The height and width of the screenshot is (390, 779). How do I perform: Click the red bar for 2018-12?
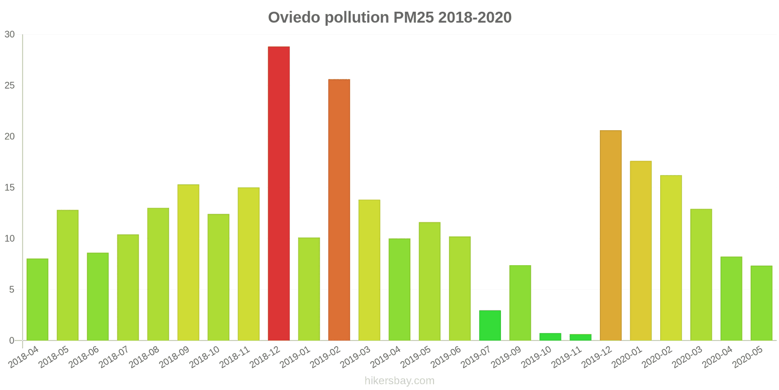point(278,194)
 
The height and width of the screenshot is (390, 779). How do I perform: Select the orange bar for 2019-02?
point(339,210)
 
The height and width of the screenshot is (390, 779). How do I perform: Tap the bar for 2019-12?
point(611,235)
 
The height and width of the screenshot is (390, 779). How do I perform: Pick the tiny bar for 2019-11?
point(580,337)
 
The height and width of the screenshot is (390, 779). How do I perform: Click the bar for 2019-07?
point(490,326)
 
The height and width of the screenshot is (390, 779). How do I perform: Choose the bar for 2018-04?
point(37,299)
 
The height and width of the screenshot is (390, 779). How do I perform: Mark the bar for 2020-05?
point(761,303)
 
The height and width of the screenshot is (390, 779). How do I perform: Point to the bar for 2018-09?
point(188,263)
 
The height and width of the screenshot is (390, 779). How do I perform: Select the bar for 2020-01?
point(641,251)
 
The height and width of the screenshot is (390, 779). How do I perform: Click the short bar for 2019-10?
point(550,337)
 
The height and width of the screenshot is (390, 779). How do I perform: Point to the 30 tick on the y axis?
point(10,35)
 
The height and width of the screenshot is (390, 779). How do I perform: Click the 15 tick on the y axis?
point(10,188)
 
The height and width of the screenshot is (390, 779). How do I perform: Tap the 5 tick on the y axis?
point(12,290)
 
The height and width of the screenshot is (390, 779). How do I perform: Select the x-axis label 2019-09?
point(506,357)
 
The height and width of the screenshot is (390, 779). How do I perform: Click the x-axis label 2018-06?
point(83,357)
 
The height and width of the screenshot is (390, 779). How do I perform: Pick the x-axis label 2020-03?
point(687,357)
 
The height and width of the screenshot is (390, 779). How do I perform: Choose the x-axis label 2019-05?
point(415,357)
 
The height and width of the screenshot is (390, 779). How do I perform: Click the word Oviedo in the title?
point(294,18)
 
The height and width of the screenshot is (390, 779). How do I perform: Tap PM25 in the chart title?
point(413,18)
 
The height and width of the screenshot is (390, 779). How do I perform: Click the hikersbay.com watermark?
point(400,381)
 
